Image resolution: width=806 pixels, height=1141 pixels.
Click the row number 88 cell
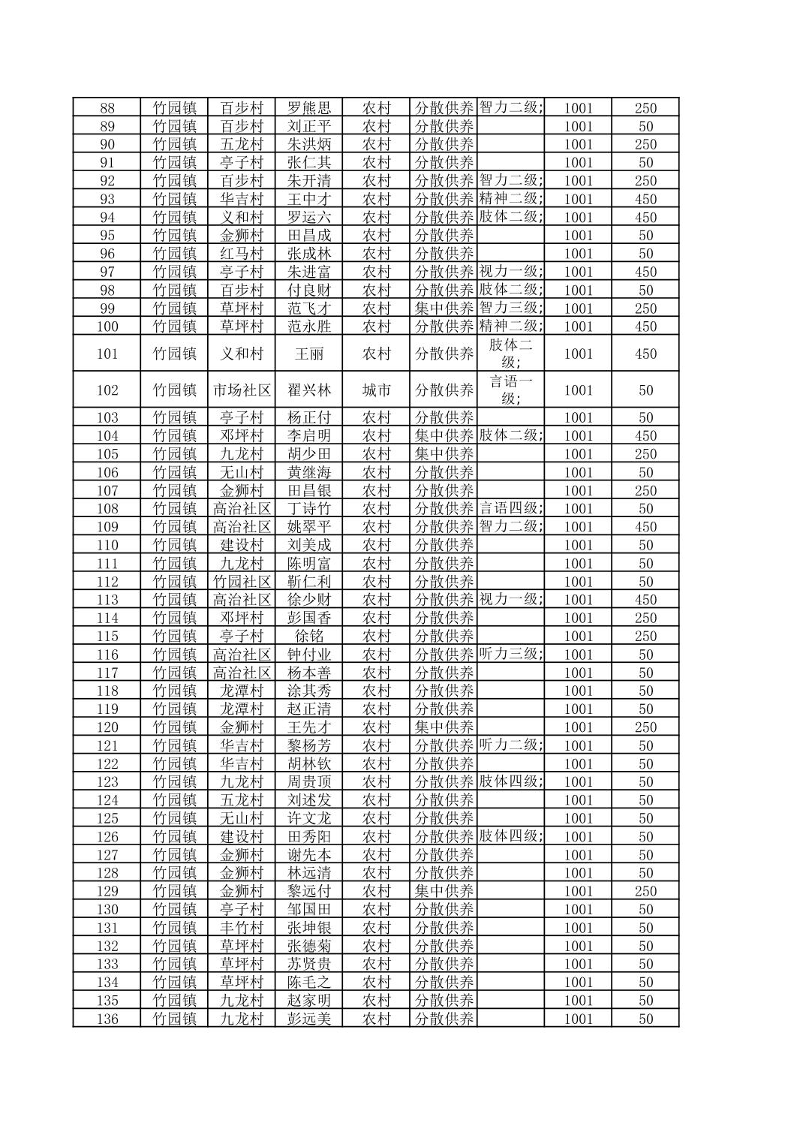click(x=107, y=108)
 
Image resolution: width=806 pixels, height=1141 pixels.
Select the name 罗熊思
click(x=309, y=108)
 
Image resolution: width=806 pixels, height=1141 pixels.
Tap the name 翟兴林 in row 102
click(x=309, y=390)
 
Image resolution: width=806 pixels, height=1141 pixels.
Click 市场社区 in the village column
click(x=242, y=390)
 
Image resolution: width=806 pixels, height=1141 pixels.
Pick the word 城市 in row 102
click(x=377, y=390)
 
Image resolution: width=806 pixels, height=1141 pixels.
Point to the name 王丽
click(x=309, y=354)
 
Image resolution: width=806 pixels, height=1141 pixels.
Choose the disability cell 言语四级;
click(x=511, y=508)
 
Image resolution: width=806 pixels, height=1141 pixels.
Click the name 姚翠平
click(x=309, y=527)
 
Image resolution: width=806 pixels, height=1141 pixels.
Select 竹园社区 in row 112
click(x=242, y=582)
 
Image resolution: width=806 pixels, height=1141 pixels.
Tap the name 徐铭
click(x=309, y=636)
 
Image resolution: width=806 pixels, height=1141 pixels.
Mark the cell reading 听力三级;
click(x=511, y=654)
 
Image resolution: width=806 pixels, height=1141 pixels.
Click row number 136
click(x=107, y=1019)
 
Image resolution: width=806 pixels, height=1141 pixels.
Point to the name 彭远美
click(x=309, y=1019)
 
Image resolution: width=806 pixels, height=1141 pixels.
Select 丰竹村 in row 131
click(x=242, y=928)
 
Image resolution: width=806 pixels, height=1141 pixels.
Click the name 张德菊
click(x=309, y=946)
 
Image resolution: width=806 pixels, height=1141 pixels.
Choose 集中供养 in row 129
click(x=444, y=891)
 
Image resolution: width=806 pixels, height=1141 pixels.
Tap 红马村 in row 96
click(x=242, y=254)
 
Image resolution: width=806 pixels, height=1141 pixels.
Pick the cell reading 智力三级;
click(x=511, y=308)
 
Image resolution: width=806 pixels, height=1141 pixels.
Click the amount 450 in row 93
click(x=645, y=199)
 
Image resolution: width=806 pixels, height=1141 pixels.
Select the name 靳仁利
click(x=309, y=582)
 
